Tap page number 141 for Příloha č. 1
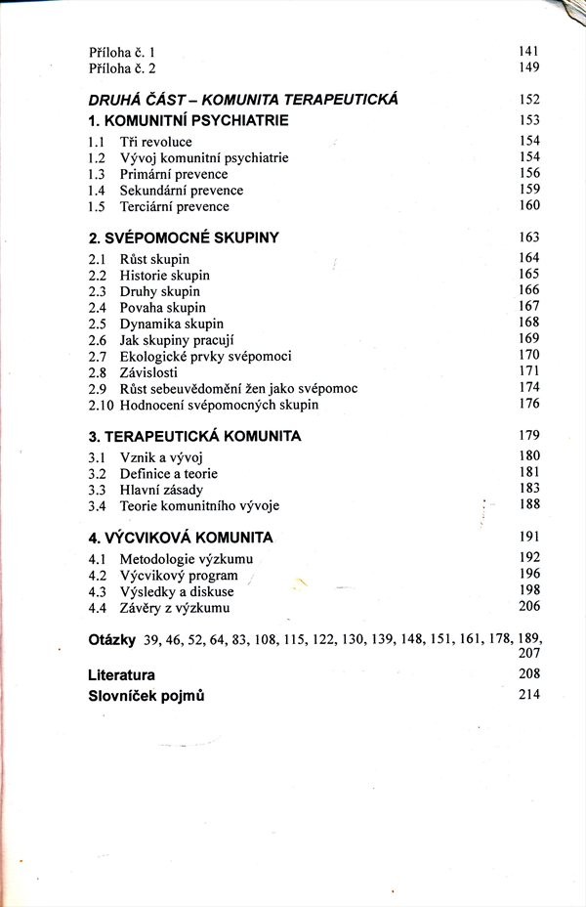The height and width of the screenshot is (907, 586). [x=529, y=51]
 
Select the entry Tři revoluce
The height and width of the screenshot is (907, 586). [x=155, y=143]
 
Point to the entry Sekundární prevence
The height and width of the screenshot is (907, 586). [x=181, y=191]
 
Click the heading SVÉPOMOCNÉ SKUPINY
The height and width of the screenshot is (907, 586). [x=184, y=238]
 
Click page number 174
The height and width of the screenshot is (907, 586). [x=529, y=388]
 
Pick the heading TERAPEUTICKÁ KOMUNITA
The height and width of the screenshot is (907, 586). [x=194, y=435]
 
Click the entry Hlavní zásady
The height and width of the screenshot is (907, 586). [x=161, y=489]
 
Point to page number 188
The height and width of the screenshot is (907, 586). [x=529, y=504]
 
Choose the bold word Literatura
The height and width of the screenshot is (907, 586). [x=121, y=674]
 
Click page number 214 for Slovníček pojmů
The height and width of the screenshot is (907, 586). [x=529, y=695]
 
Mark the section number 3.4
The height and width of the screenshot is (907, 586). [x=97, y=505]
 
